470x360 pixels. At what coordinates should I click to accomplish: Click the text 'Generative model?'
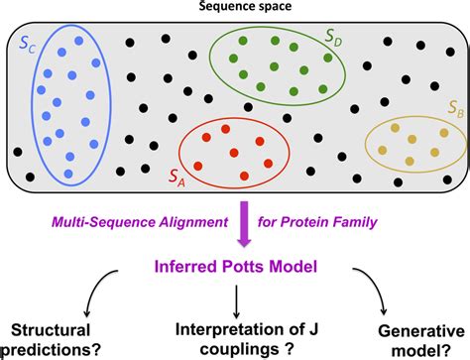click(421, 337)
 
